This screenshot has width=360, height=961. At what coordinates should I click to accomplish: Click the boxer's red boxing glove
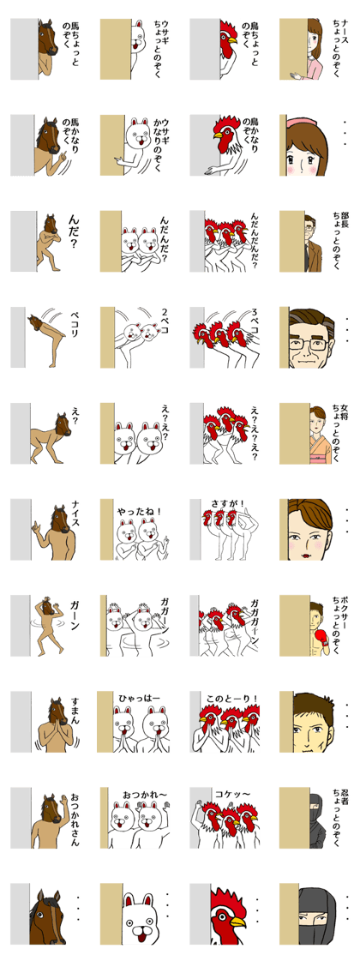pos(318,636)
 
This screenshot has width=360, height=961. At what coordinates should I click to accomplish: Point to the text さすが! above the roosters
pos(227,504)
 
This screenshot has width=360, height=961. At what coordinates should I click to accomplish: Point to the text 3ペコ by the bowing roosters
pos(254,321)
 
